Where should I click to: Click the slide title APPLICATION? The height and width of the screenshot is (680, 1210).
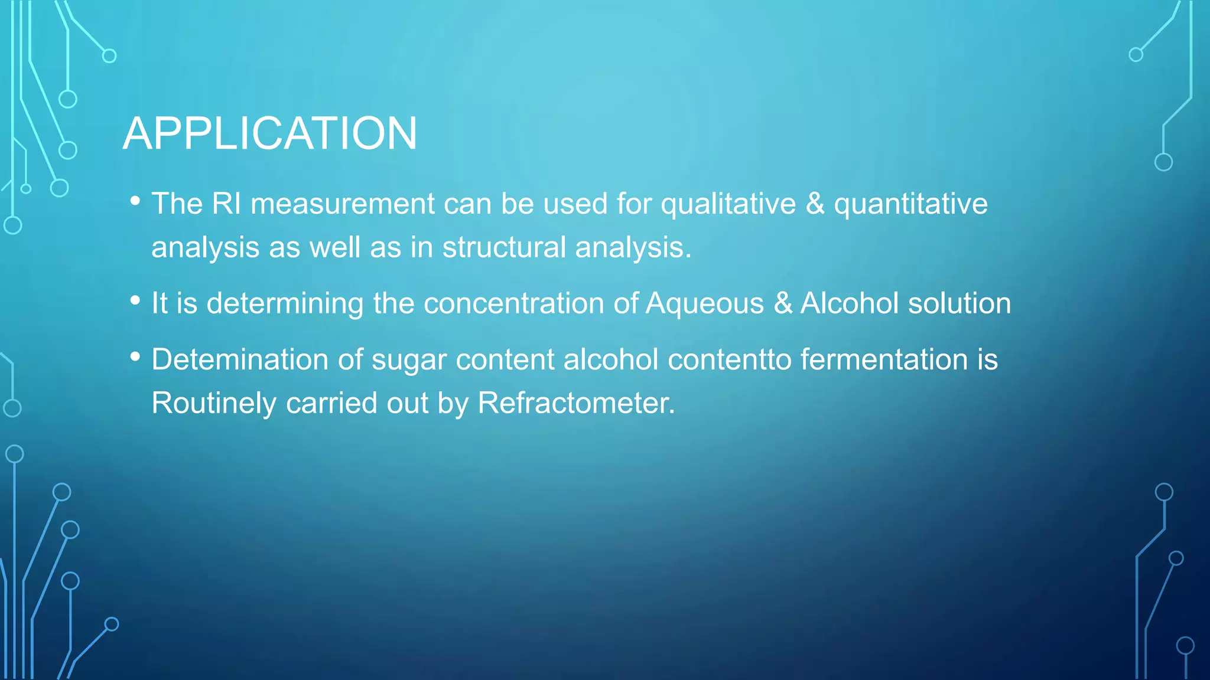point(270,133)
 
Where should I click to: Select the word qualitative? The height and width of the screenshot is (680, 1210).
point(728,204)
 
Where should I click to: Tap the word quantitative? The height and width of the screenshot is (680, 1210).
point(910,204)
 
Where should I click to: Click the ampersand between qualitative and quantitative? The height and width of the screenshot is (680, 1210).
point(815,204)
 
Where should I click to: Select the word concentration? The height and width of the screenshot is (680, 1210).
point(513,303)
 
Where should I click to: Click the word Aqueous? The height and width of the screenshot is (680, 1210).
point(704,303)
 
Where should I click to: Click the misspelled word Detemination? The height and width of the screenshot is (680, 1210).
point(239,359)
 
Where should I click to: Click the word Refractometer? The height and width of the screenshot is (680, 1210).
point(575,403)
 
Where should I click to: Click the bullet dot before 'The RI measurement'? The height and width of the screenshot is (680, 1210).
point(135,201)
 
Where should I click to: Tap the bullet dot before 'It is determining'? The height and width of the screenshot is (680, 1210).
point(135,301)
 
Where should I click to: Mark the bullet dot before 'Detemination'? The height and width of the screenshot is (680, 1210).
point(135,357)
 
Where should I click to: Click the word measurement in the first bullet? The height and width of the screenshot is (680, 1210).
point(343,204)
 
